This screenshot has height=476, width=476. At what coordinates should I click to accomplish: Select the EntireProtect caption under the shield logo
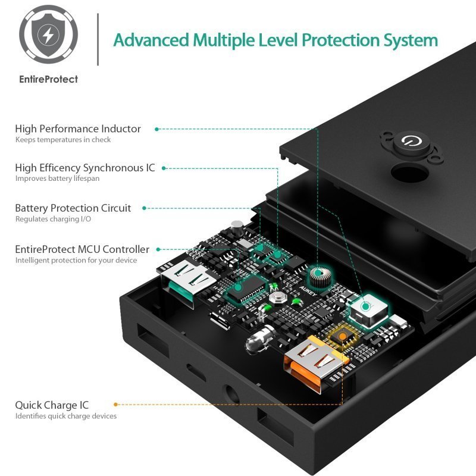point(48,79)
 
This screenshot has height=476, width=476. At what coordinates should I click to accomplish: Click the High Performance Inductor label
point(78,129)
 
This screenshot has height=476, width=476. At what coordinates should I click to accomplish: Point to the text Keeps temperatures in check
point(63,140)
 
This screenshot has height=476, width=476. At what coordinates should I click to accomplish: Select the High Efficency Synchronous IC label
point(85,168)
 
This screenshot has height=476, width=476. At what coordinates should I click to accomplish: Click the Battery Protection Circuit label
point(73,208)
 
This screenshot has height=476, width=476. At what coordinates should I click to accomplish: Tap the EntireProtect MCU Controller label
point(82,249)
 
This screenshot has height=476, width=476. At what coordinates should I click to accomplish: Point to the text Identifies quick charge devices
point(66,416)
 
